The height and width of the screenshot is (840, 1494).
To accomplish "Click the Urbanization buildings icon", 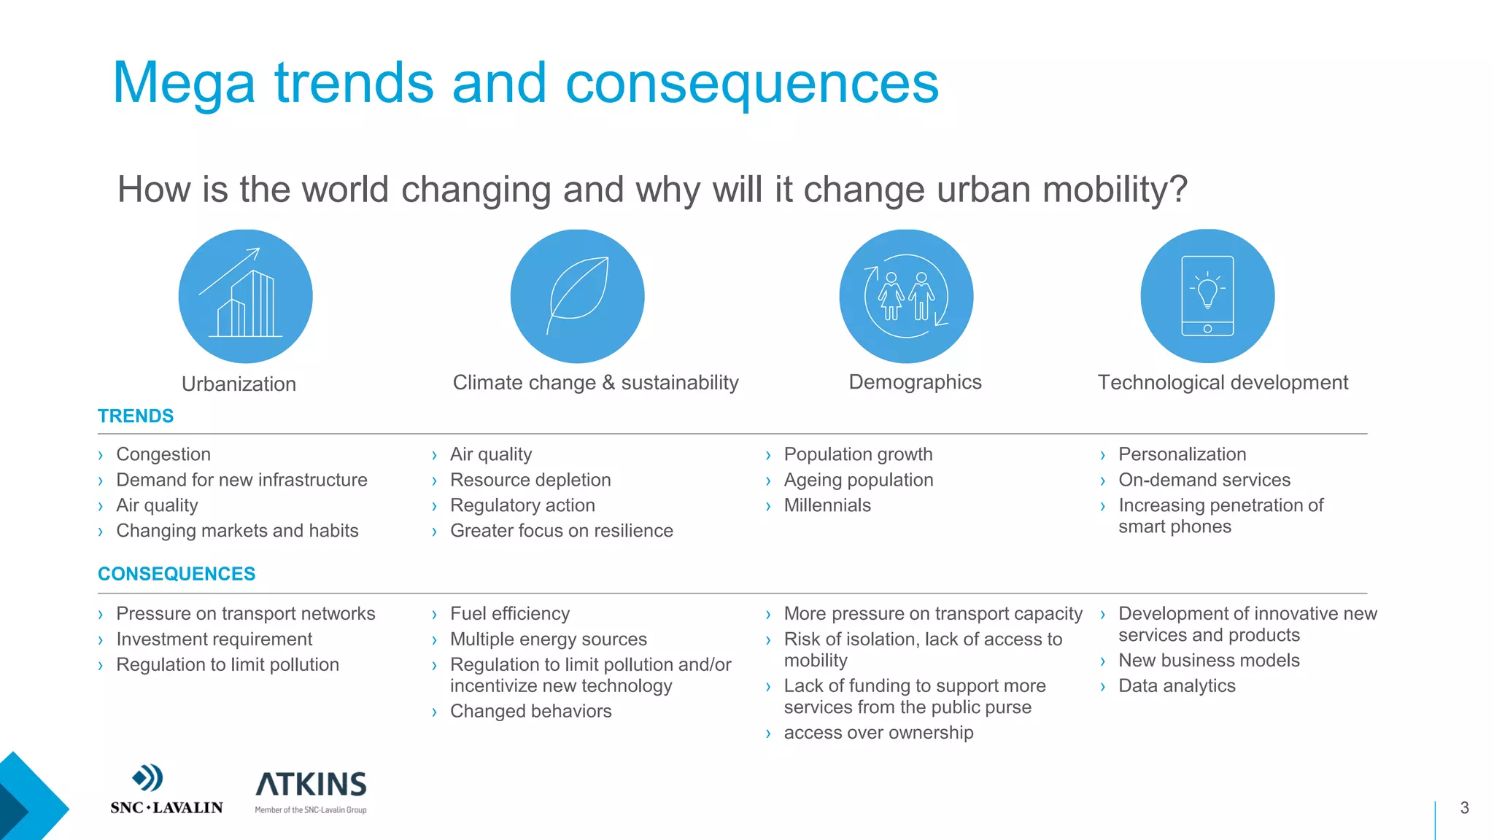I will click(x=245, y=296).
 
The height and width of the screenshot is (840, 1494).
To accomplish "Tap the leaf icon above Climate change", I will click(x=577, y=296).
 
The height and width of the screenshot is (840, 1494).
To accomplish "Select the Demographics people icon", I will click(x=906, y=296).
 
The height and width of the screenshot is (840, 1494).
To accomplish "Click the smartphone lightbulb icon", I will click(x=1207, y=296).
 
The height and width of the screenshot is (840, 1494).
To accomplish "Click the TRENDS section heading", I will click(x=136, y=416).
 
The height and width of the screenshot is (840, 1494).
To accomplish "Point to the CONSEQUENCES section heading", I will click(x=177, y=574).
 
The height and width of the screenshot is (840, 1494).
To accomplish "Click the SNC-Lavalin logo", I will click(x=166, y=789).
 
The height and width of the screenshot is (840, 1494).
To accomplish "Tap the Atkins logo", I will click(x=311, y=791).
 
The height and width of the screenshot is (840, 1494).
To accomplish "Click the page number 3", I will click(x=1464, y=807).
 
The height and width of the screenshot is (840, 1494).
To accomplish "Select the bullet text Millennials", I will click(x=827, y=505).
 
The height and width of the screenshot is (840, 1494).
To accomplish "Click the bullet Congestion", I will click(x=163, y=454).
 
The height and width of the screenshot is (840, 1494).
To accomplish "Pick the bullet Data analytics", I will click(x=1177, y=685).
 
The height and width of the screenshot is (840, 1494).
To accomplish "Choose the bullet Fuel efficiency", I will click(x=510, y=613).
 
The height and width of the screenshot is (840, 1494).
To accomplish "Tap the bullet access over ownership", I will click(x=878, y=732).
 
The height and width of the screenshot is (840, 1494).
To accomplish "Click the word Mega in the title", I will click(x=184, y=83).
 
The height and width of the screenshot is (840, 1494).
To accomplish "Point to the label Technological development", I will click(x=1223, y=382).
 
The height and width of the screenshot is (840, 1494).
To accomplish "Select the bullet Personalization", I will click(x=1182, y=454).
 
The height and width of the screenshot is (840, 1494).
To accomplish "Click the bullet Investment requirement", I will click(x=214, y=639).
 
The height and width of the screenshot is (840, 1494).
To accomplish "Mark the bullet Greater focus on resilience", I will click(x=561, y=531).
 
